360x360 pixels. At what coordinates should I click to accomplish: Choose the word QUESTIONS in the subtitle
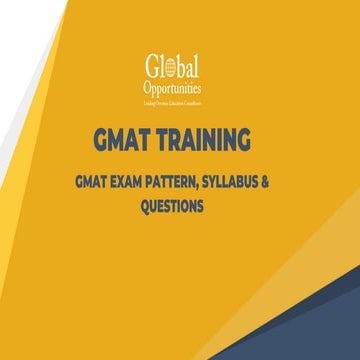coord(180,207)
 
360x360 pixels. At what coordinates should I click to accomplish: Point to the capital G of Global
coord(152,68)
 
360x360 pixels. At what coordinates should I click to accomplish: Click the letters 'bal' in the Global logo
coord(188,67)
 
